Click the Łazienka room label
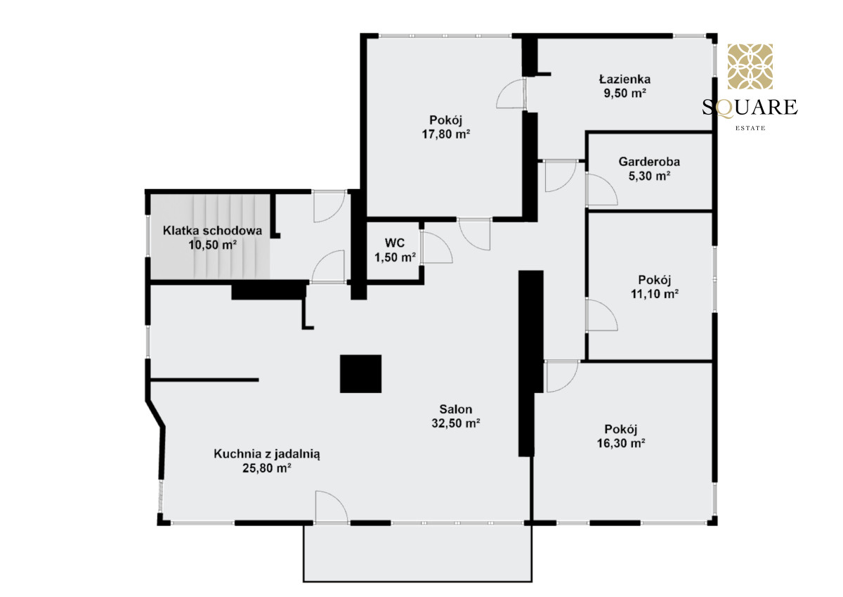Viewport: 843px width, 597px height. coord(625,79)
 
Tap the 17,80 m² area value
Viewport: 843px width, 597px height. coord(446,134)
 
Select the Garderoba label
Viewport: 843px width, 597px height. coord(649,162)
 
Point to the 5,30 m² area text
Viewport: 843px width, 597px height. coord(649,176)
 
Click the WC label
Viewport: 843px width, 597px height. coord(395,243)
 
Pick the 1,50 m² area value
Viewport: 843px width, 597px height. coord(395,257)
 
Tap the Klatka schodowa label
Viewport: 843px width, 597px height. coord(212,231)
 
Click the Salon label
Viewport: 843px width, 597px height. coord(456,409)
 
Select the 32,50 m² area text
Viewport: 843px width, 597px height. coord(456,423)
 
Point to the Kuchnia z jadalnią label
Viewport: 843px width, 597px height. coord(267,454)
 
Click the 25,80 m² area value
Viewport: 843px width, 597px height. coord(267,468)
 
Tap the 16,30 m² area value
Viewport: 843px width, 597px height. coord(621,443)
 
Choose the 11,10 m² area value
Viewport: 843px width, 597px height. coord(655,294)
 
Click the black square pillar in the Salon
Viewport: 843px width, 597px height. coord(360,373)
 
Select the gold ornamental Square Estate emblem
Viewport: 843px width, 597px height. coord(750,66)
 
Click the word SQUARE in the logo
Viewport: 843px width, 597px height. coord(750,107)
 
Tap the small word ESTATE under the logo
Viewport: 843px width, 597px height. coord(750,128)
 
